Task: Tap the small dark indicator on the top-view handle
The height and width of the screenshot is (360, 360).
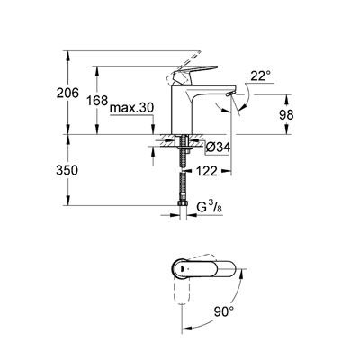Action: pyautogui.click(x=180, y=268)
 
